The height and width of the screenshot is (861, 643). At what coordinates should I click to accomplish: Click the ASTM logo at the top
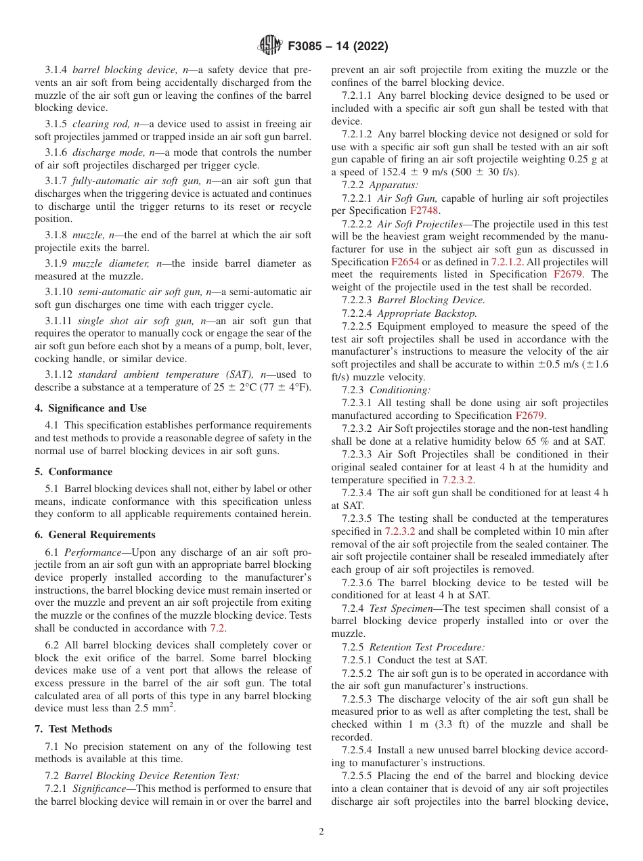[270, 46]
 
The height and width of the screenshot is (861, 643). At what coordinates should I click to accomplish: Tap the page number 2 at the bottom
[321, 832]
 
